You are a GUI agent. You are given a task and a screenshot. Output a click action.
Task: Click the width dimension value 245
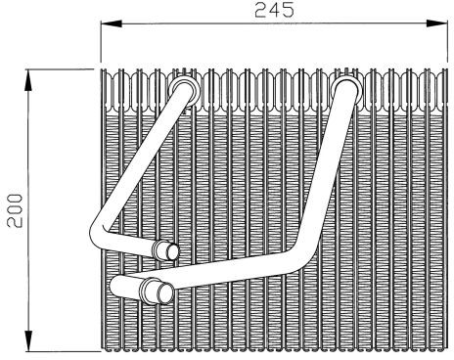click(274, 10)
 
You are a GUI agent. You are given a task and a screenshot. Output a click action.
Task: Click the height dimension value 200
click(15, 210)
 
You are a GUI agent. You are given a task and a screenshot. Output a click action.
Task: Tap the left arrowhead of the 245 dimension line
click(111, 23)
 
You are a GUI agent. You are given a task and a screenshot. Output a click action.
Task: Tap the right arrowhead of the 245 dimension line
click(437, 23)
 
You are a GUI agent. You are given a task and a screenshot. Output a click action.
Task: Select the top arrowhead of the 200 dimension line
click(29, 80)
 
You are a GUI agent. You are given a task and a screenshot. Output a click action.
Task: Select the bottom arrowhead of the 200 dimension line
click(29, 340)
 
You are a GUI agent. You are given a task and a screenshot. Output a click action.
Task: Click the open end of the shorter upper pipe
click(172, 251)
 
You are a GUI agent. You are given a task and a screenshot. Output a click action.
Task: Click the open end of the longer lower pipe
click(165, 293)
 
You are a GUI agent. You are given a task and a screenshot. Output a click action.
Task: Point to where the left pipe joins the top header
click(185, 89)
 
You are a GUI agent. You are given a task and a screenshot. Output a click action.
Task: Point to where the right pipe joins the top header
click(347, 90)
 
